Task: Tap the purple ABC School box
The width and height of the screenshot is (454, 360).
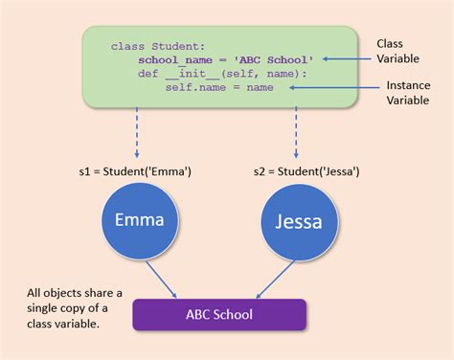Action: (219, 315)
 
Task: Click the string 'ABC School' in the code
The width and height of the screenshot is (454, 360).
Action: (279, 58)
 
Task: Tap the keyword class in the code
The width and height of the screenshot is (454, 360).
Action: (126, 45)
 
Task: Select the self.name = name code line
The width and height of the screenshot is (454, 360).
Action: (218, 87)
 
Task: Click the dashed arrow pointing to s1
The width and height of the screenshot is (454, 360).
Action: (140, 133)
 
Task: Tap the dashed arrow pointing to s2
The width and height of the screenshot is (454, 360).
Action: (296, 133)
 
